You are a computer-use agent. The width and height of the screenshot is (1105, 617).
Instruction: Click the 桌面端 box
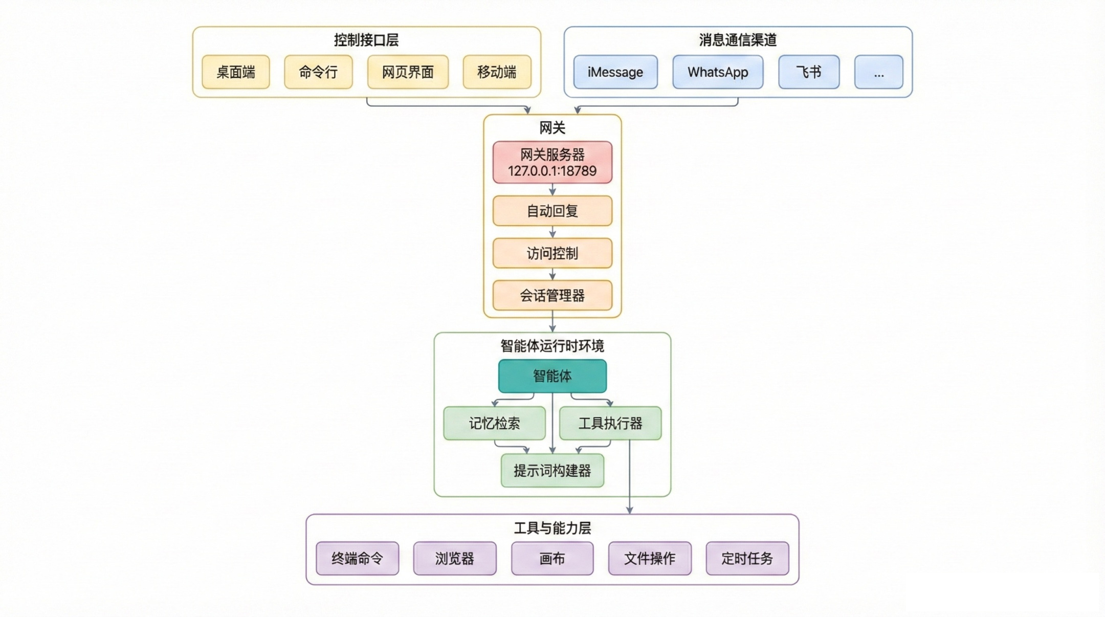coord(236,72)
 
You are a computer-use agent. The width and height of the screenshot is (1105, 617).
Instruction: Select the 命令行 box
coord(318,72)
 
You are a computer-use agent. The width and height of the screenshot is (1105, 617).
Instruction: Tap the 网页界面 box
coord(408,72)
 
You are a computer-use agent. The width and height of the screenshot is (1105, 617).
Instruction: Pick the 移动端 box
coord(497,72)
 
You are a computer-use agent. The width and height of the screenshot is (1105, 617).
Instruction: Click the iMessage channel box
coord(615,72)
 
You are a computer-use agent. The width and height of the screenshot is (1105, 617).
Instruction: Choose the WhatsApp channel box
coord(718,72)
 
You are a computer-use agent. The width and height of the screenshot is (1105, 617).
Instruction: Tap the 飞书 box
coord(809,72)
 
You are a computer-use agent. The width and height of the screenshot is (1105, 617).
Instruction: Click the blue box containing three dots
coord(878,72)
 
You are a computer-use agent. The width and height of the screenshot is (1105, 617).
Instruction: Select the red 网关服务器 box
coord(552,163)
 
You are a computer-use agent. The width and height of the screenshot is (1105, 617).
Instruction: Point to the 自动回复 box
coord(552,211)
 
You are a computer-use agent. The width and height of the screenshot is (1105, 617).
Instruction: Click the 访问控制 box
coord(552,253)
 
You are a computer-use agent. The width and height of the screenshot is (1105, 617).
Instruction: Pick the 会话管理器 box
coord(552,295)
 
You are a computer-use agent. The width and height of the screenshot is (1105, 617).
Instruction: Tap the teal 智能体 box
coord(552,376)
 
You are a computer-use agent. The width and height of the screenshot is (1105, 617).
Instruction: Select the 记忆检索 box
coord(494,423)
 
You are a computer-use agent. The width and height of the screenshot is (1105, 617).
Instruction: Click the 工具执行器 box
coord(610,423)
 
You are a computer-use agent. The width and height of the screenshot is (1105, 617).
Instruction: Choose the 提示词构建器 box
coord(552,471)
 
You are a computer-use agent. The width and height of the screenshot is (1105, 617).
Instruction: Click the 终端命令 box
coord(357,558)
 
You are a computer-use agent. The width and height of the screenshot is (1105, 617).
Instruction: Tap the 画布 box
coord(552,558)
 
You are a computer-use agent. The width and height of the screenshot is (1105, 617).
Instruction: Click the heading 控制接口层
coord(366,40)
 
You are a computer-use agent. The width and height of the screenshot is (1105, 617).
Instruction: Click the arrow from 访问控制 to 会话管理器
coord(552,274)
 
